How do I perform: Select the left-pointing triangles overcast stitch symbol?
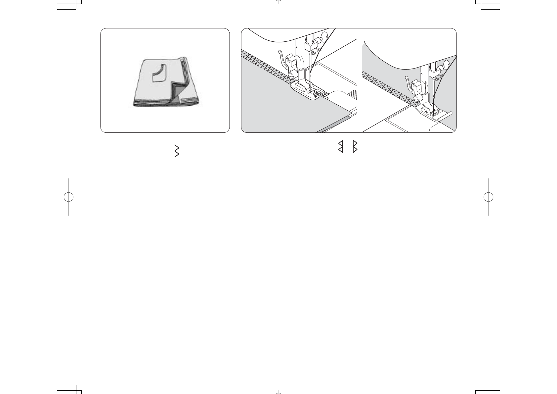coord(340,146)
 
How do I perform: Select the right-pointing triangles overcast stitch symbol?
coord(355,146)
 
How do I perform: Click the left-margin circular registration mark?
coord(68,197)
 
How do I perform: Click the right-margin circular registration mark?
coord(488,197)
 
